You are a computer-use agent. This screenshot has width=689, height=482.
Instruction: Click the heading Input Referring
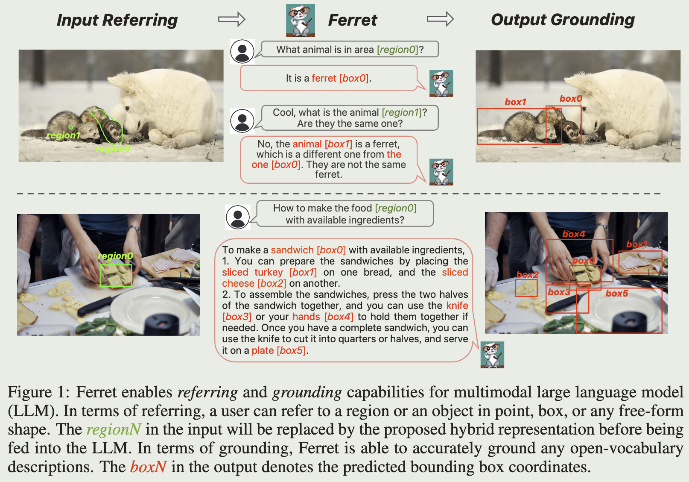point(117,21)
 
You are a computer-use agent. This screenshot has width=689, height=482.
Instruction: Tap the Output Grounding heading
point(563,20)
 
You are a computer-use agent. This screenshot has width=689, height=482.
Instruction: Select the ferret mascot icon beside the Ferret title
point(300,21)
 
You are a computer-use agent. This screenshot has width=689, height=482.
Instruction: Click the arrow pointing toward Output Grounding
point(440,19)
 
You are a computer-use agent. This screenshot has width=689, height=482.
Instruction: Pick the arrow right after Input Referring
point(232,19)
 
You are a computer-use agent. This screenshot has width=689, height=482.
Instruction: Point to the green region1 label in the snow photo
point(63,135)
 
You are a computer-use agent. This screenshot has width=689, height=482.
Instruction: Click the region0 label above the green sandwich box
point(116,256)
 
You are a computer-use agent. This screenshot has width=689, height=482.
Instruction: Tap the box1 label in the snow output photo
point(515,102)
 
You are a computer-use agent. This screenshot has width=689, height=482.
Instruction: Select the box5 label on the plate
point(617,293)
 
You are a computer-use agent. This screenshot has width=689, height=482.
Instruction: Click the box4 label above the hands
point(574,234)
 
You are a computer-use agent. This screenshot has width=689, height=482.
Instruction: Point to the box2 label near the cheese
point(527,275)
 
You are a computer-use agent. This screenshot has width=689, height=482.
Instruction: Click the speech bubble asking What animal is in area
point(350,49)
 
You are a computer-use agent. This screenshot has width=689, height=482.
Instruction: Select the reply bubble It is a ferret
point(329,78)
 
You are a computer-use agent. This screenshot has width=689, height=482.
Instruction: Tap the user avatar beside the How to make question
point(238,217)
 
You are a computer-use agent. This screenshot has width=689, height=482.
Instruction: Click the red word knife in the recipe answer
point(457,306)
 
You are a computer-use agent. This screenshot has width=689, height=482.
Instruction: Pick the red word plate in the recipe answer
point(263,350)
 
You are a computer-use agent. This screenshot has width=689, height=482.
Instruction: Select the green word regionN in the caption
point(114,430)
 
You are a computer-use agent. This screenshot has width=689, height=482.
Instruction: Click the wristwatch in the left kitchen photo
point(134,229)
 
